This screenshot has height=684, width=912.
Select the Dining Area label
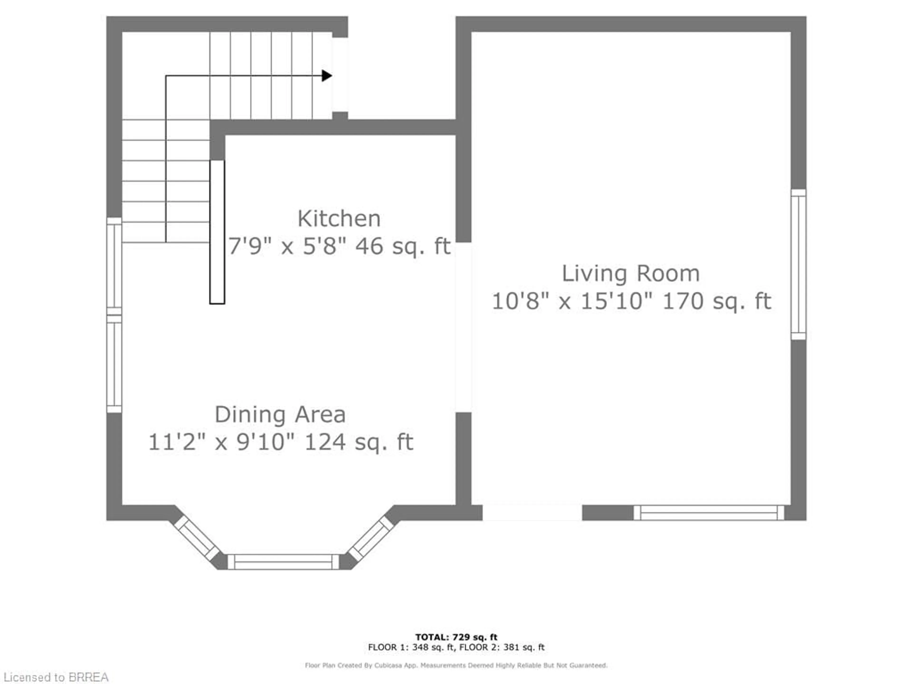coord(280,415)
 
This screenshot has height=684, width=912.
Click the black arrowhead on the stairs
coord(327,76)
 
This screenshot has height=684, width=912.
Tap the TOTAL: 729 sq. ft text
coord(456,637)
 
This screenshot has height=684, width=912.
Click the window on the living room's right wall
coord(798,265)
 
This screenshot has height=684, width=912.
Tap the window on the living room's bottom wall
coord(708,513)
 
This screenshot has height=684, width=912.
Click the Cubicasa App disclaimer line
coord(456,665)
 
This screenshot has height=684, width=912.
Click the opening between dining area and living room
coord(463,327)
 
